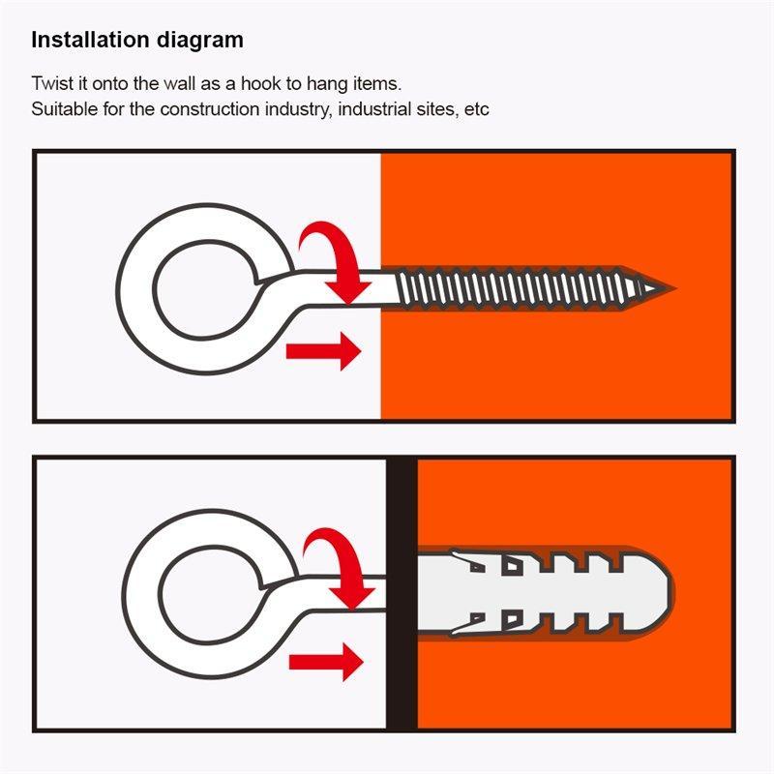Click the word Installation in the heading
(x=90, y=40)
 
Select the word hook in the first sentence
(x=260, y=83)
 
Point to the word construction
(x=210, y=109)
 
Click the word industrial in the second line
(x=374, y=108)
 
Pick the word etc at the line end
(x=477, y=109)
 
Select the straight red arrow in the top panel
(x=324, y=351)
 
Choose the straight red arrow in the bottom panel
(x=326, y=662)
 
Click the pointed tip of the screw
(x=672, y=288)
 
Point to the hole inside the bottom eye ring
(x=211, y=596)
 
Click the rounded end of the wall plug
(x=662, y=593)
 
